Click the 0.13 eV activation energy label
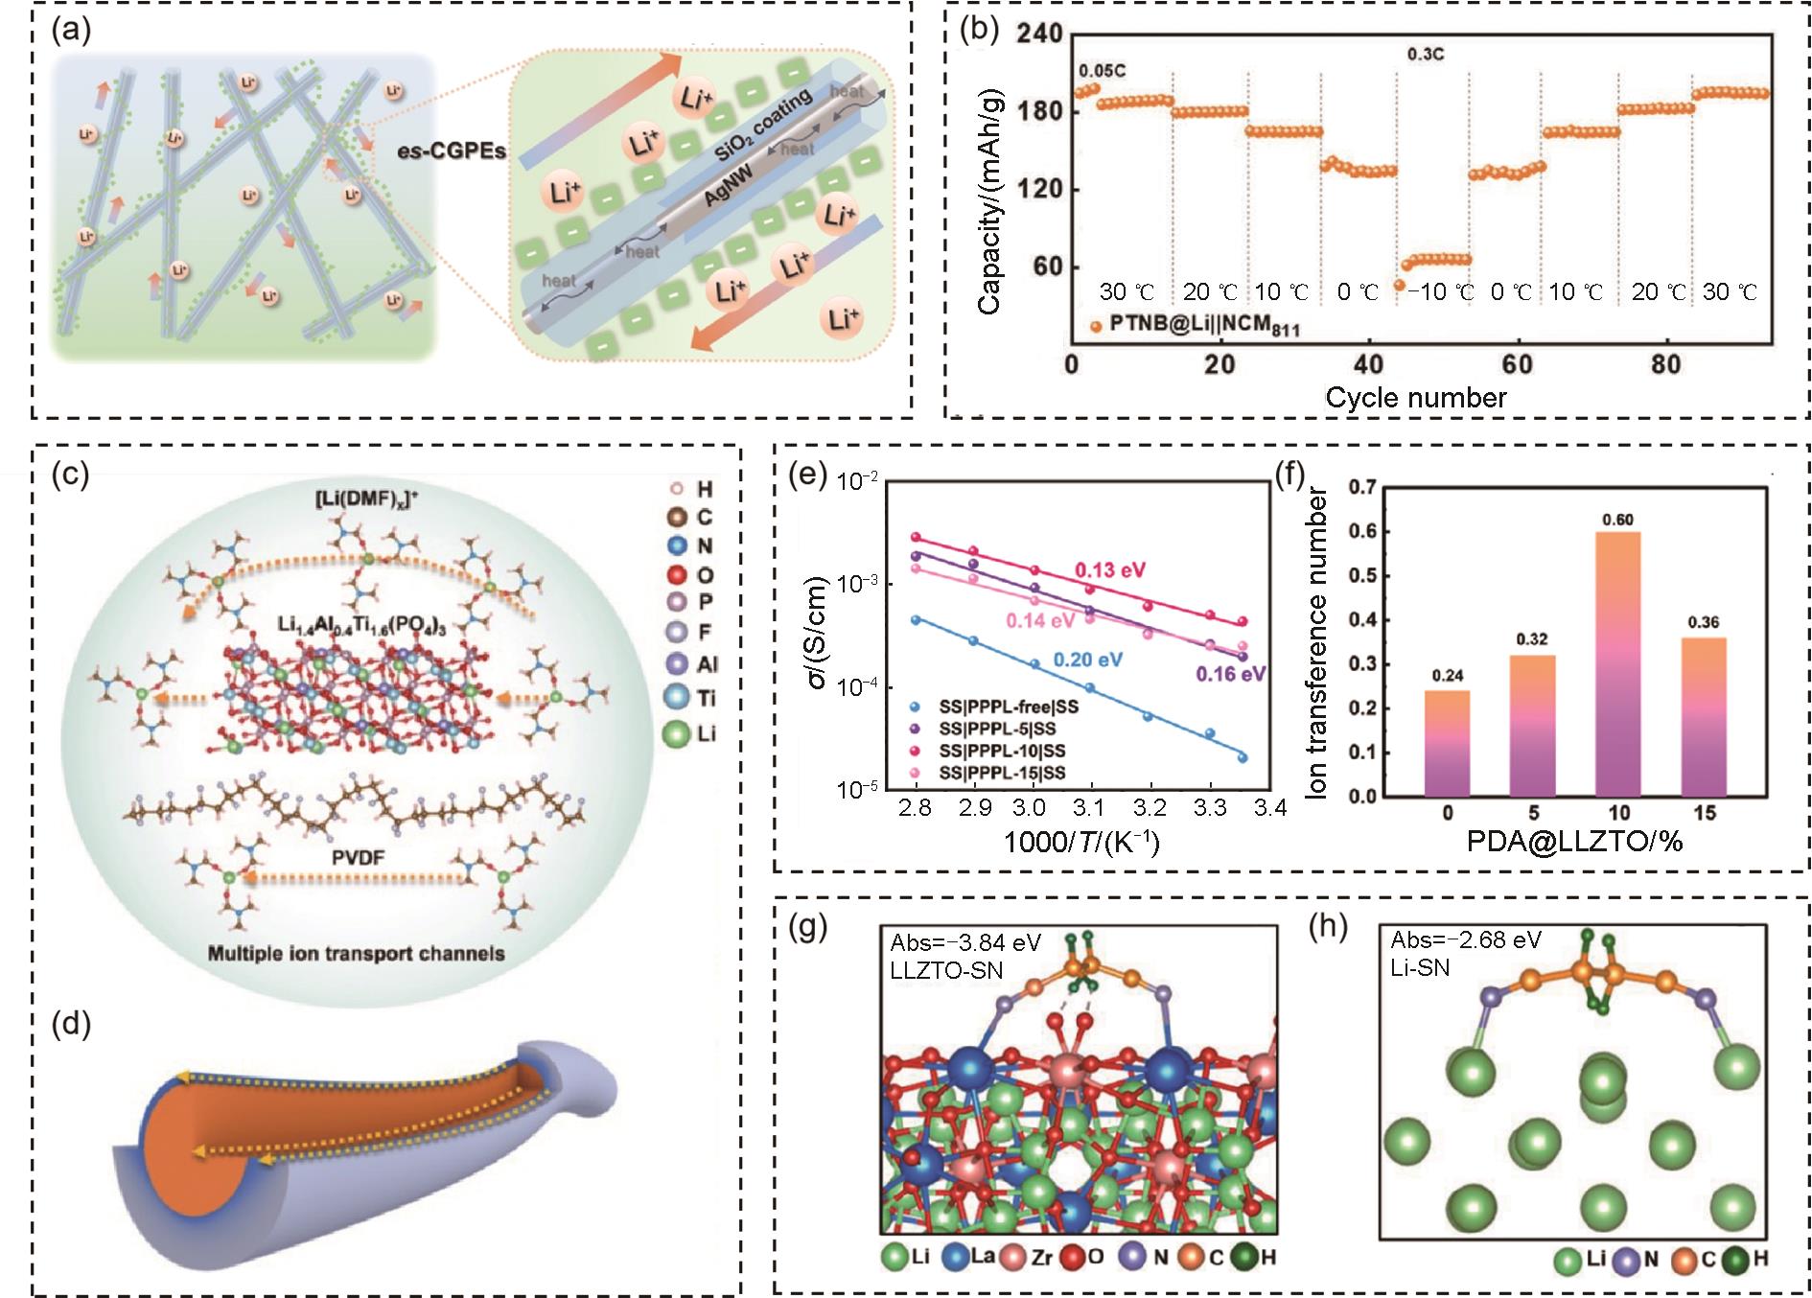coord(1110,570)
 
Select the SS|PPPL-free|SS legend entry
coord(997,707)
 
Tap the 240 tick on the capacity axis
coord(1039,34)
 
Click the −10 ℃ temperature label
coord(1439,292)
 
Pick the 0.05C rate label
coord(1103,71)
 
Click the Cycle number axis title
coord(1416,398)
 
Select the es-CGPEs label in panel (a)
coord(452,151)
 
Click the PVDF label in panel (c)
coord(359,856)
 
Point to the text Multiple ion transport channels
coord(356,954)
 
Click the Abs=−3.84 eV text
coord(965,942)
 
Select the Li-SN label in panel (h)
coord(1420,968)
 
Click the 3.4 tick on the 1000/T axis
coord(1270,808)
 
